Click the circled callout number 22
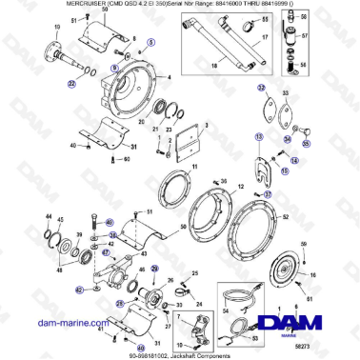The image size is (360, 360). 71,84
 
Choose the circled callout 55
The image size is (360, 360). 306,143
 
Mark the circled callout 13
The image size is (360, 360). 257,137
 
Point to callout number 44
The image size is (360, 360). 48,218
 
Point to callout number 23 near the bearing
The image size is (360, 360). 165,128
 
